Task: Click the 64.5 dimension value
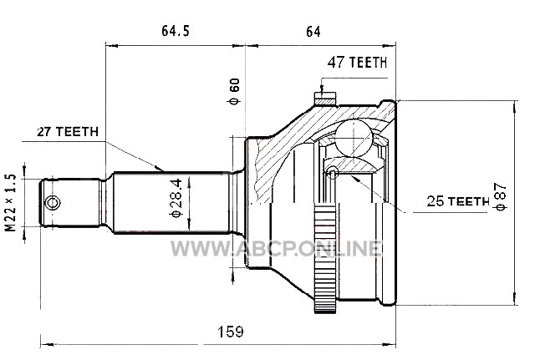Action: point(175,31)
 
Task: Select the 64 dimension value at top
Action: point(313,32)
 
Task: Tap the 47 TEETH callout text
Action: point(357,63)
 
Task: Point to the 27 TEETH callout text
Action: point(68,132)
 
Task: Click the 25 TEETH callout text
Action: point(458,201)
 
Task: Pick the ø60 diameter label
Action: point(234,91)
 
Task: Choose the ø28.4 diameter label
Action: point(176,198)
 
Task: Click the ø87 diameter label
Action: point(500,197)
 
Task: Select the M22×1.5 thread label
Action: point(11,203)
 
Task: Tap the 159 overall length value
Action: point(231,332)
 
